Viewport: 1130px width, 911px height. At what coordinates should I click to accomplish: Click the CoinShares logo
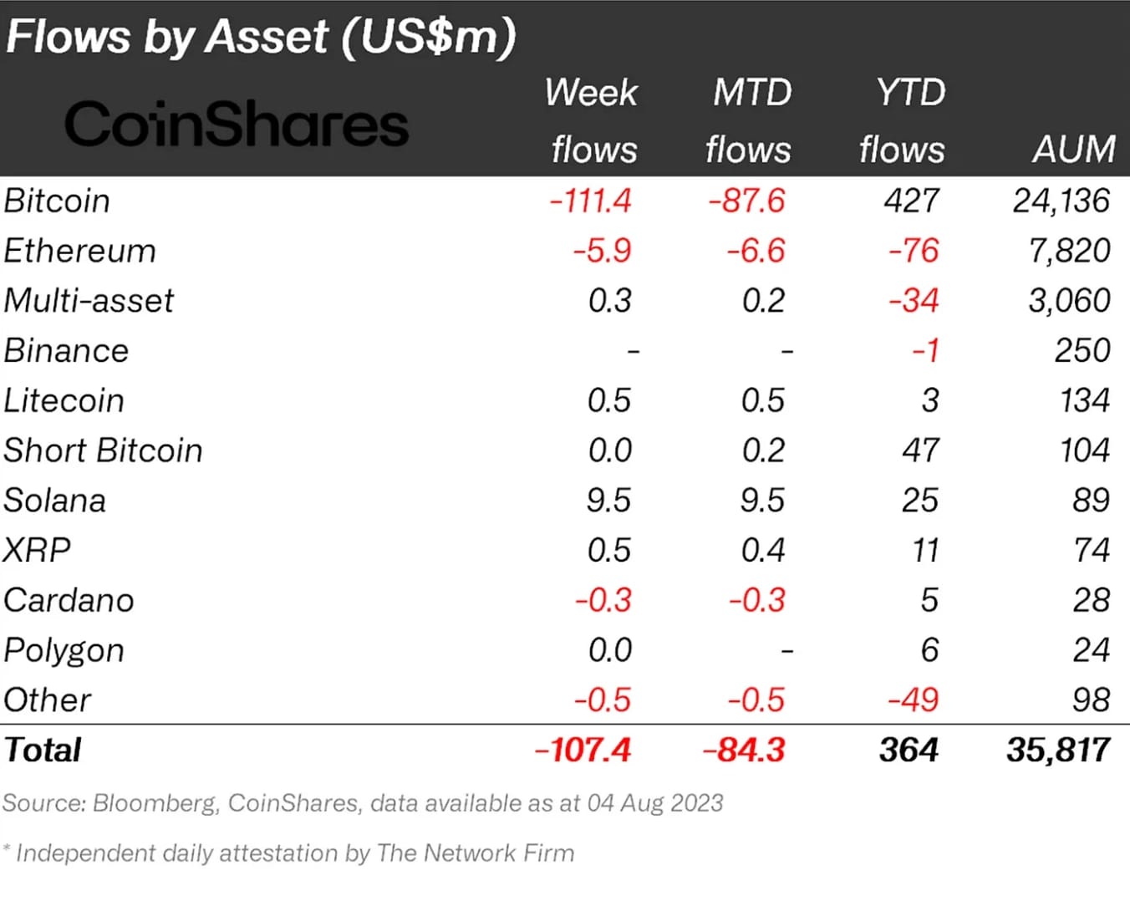pos(237,125)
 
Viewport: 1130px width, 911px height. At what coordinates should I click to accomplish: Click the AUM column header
pos(1073,150)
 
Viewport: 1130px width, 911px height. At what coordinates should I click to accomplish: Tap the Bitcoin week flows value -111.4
pos(590,201)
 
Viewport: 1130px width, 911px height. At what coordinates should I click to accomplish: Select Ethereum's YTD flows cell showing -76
pos(914,251)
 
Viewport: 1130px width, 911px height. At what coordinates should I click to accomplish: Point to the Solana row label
pos(55,501)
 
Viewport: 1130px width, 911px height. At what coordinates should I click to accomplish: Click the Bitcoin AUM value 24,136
pos(1061,201)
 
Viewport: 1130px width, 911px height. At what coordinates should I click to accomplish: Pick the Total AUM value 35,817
pos(1058,750)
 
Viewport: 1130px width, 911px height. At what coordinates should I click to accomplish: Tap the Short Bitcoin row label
pos(103,450)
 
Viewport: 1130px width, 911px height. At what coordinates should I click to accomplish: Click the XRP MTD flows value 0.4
pos(762,550)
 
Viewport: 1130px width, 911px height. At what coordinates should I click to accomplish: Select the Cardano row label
pos(69,600)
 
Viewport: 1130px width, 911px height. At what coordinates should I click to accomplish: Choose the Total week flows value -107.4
pos(583,750)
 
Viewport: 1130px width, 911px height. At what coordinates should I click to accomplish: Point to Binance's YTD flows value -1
pos(925,350)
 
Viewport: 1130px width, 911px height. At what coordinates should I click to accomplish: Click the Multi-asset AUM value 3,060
pos(1069,300)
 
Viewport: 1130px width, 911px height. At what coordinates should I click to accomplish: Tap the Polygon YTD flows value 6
pos(929,650)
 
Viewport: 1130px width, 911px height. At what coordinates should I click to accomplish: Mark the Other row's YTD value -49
pos(914,700)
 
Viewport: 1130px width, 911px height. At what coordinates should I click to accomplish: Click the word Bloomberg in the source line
pos(155,803)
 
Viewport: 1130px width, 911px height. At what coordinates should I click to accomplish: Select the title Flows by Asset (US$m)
pos(261,37)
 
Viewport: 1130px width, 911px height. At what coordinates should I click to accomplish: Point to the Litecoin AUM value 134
pos(1084,400)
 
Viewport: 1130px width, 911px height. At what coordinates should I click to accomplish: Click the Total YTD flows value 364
pos(909,750)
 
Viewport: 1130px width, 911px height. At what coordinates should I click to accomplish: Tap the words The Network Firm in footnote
pos(476,853)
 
